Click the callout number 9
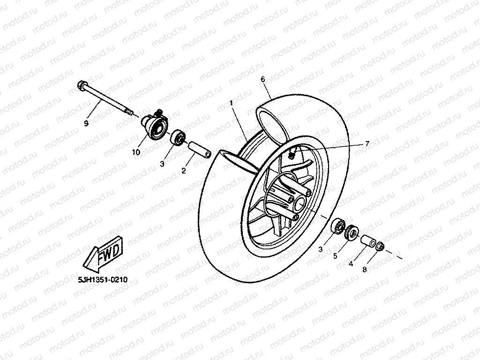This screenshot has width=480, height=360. pyautogui.click(x=86, y=123)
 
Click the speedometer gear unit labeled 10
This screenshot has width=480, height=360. pyautogui.click(x=154, y=125)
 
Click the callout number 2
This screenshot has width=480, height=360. pyautogui.click(x=184, y=171)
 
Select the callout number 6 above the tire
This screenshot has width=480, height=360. pyautogui.click(x=263, y=80)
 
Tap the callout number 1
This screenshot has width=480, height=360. pyautogui.click(x=231, y=102)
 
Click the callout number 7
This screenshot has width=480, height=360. pyautogui.click(x=367, y=144)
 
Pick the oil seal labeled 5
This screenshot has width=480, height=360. pyautogui.click(x=352, y=233)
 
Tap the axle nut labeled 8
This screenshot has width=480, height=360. pyautogui.click(x=380, y=246)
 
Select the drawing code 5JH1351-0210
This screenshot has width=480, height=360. pyautogui.click(x=103, y=279)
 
